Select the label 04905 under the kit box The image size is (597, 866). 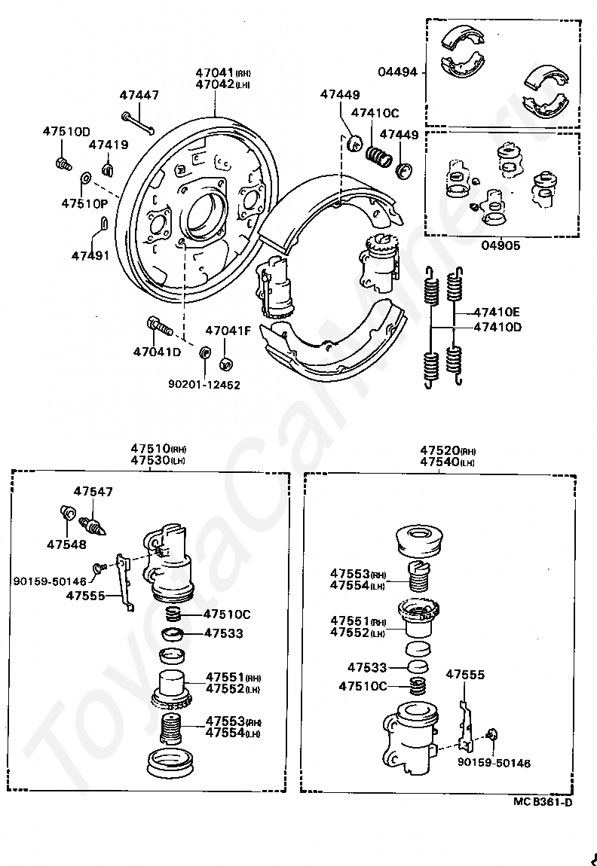tap(500, 245)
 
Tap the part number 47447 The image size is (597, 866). tap(139, 95)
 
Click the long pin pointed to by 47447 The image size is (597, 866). tap(136, 120)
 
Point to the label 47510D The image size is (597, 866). tap(66, 131)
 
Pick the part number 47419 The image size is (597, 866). tap(108, 145)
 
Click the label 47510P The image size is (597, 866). tap(84, 203)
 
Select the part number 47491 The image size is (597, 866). tap(90, 255)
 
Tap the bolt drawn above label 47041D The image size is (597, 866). tap(161, 328)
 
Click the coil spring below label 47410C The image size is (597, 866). tap(380, 157)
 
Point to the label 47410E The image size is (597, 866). tap(498, 312)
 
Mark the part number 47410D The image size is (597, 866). tap(498, 327)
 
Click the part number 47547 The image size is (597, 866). tap(93, 492)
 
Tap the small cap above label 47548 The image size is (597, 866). tap(66, 514)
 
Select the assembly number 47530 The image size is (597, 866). tap(150, 459)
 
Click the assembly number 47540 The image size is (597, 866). tap(440, 462)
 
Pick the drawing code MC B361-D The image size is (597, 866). tap(543, 802)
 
